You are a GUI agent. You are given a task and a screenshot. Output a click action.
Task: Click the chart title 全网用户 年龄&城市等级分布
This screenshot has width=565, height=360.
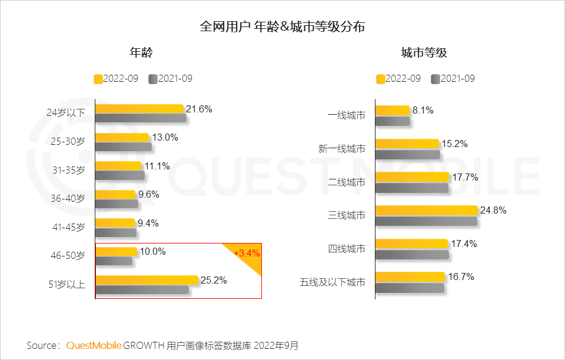point(282,26)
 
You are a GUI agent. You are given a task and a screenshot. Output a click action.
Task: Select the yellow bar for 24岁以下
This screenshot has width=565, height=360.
point(139,109)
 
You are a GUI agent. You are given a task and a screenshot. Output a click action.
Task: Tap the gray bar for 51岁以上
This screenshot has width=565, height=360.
point(142,289)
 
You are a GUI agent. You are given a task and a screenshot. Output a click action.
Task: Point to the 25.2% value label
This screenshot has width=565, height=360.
point(214,280)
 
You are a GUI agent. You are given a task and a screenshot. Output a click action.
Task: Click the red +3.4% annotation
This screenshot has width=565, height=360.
point(247,254)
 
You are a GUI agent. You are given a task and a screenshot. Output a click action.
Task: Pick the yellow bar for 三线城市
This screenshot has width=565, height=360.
point(426,210)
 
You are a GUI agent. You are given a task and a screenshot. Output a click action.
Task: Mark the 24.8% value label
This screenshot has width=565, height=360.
point(493,210)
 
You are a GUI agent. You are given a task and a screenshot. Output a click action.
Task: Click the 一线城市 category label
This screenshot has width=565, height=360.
point(346,115)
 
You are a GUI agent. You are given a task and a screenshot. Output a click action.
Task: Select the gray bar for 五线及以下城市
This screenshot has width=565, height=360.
point(410,288)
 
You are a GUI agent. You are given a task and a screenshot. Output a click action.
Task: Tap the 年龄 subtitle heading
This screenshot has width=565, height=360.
point(141,53)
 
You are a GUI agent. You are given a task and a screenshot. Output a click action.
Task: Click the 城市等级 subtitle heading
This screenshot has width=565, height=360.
point(424,53)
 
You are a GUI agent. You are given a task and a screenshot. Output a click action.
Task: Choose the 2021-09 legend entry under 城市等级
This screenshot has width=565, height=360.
point(453,79)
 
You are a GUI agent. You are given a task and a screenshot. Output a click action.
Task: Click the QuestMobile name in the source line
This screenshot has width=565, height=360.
point(94,345)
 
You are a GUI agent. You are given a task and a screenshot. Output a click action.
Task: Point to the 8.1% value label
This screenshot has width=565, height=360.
point(423,109)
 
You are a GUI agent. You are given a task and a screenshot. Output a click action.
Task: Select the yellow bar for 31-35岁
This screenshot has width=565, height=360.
point(118,166)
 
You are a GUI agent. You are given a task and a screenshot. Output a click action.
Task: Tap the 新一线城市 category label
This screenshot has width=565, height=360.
point(341,149)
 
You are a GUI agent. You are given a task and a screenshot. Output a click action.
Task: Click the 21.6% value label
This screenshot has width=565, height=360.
point(199,109)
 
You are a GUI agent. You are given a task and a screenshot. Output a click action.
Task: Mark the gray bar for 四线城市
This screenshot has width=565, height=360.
point(412,255)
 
